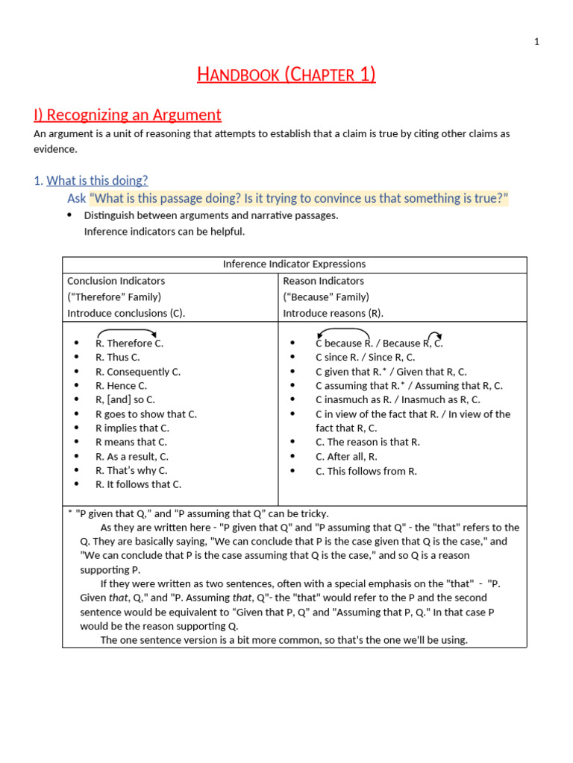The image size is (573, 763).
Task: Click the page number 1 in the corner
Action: point(536,42)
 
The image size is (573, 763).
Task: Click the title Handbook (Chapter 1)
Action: point(286,75)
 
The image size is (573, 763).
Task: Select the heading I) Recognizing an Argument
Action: point(128,115)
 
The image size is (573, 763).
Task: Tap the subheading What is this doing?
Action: point(97,180)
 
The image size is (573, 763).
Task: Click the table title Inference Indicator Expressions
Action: point(294,265)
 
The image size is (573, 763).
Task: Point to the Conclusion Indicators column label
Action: point(116,281)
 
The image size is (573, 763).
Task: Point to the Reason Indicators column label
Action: point(324,281)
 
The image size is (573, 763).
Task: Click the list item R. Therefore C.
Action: point(129,343)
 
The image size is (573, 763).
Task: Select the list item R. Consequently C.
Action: point(138,372)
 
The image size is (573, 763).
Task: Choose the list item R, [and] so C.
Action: point(125,400)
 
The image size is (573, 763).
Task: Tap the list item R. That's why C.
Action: point(131,470)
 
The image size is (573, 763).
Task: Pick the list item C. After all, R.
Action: point(346,456)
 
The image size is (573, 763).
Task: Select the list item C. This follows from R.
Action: point(366,470)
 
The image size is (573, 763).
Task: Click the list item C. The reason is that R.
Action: point(368,442)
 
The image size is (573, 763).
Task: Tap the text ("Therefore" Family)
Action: point(114,297)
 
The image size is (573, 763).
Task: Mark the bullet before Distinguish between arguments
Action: point(69,215)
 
